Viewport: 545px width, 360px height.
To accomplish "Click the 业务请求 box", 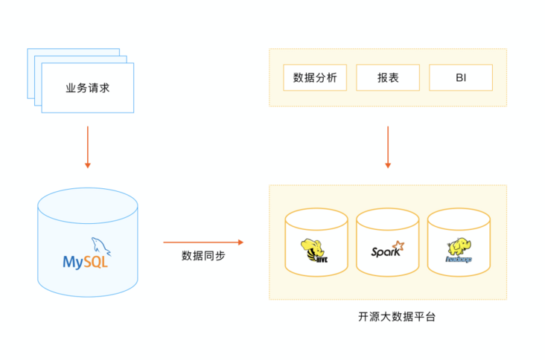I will pos(88,88).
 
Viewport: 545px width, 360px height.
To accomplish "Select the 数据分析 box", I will pos(315,77).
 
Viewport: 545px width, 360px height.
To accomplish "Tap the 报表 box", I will pos(388,77).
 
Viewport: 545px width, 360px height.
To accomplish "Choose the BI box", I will pos(461,77).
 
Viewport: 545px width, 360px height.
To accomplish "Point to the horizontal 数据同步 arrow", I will pos(203,242).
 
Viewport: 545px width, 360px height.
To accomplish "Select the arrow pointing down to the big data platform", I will pos(388,147).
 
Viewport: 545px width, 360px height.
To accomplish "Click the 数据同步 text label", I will pos(203,257).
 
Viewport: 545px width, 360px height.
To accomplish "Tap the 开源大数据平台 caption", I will pos(388,316).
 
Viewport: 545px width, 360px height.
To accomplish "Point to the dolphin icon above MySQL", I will pos(98,245).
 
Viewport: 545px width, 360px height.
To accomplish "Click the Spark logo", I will pos(387,251).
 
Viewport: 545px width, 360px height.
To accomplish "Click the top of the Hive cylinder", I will pos(316,219).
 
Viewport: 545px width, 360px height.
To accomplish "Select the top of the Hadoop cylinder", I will pos(459,219).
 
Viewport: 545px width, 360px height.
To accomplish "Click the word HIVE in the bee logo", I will pos(322,259).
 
